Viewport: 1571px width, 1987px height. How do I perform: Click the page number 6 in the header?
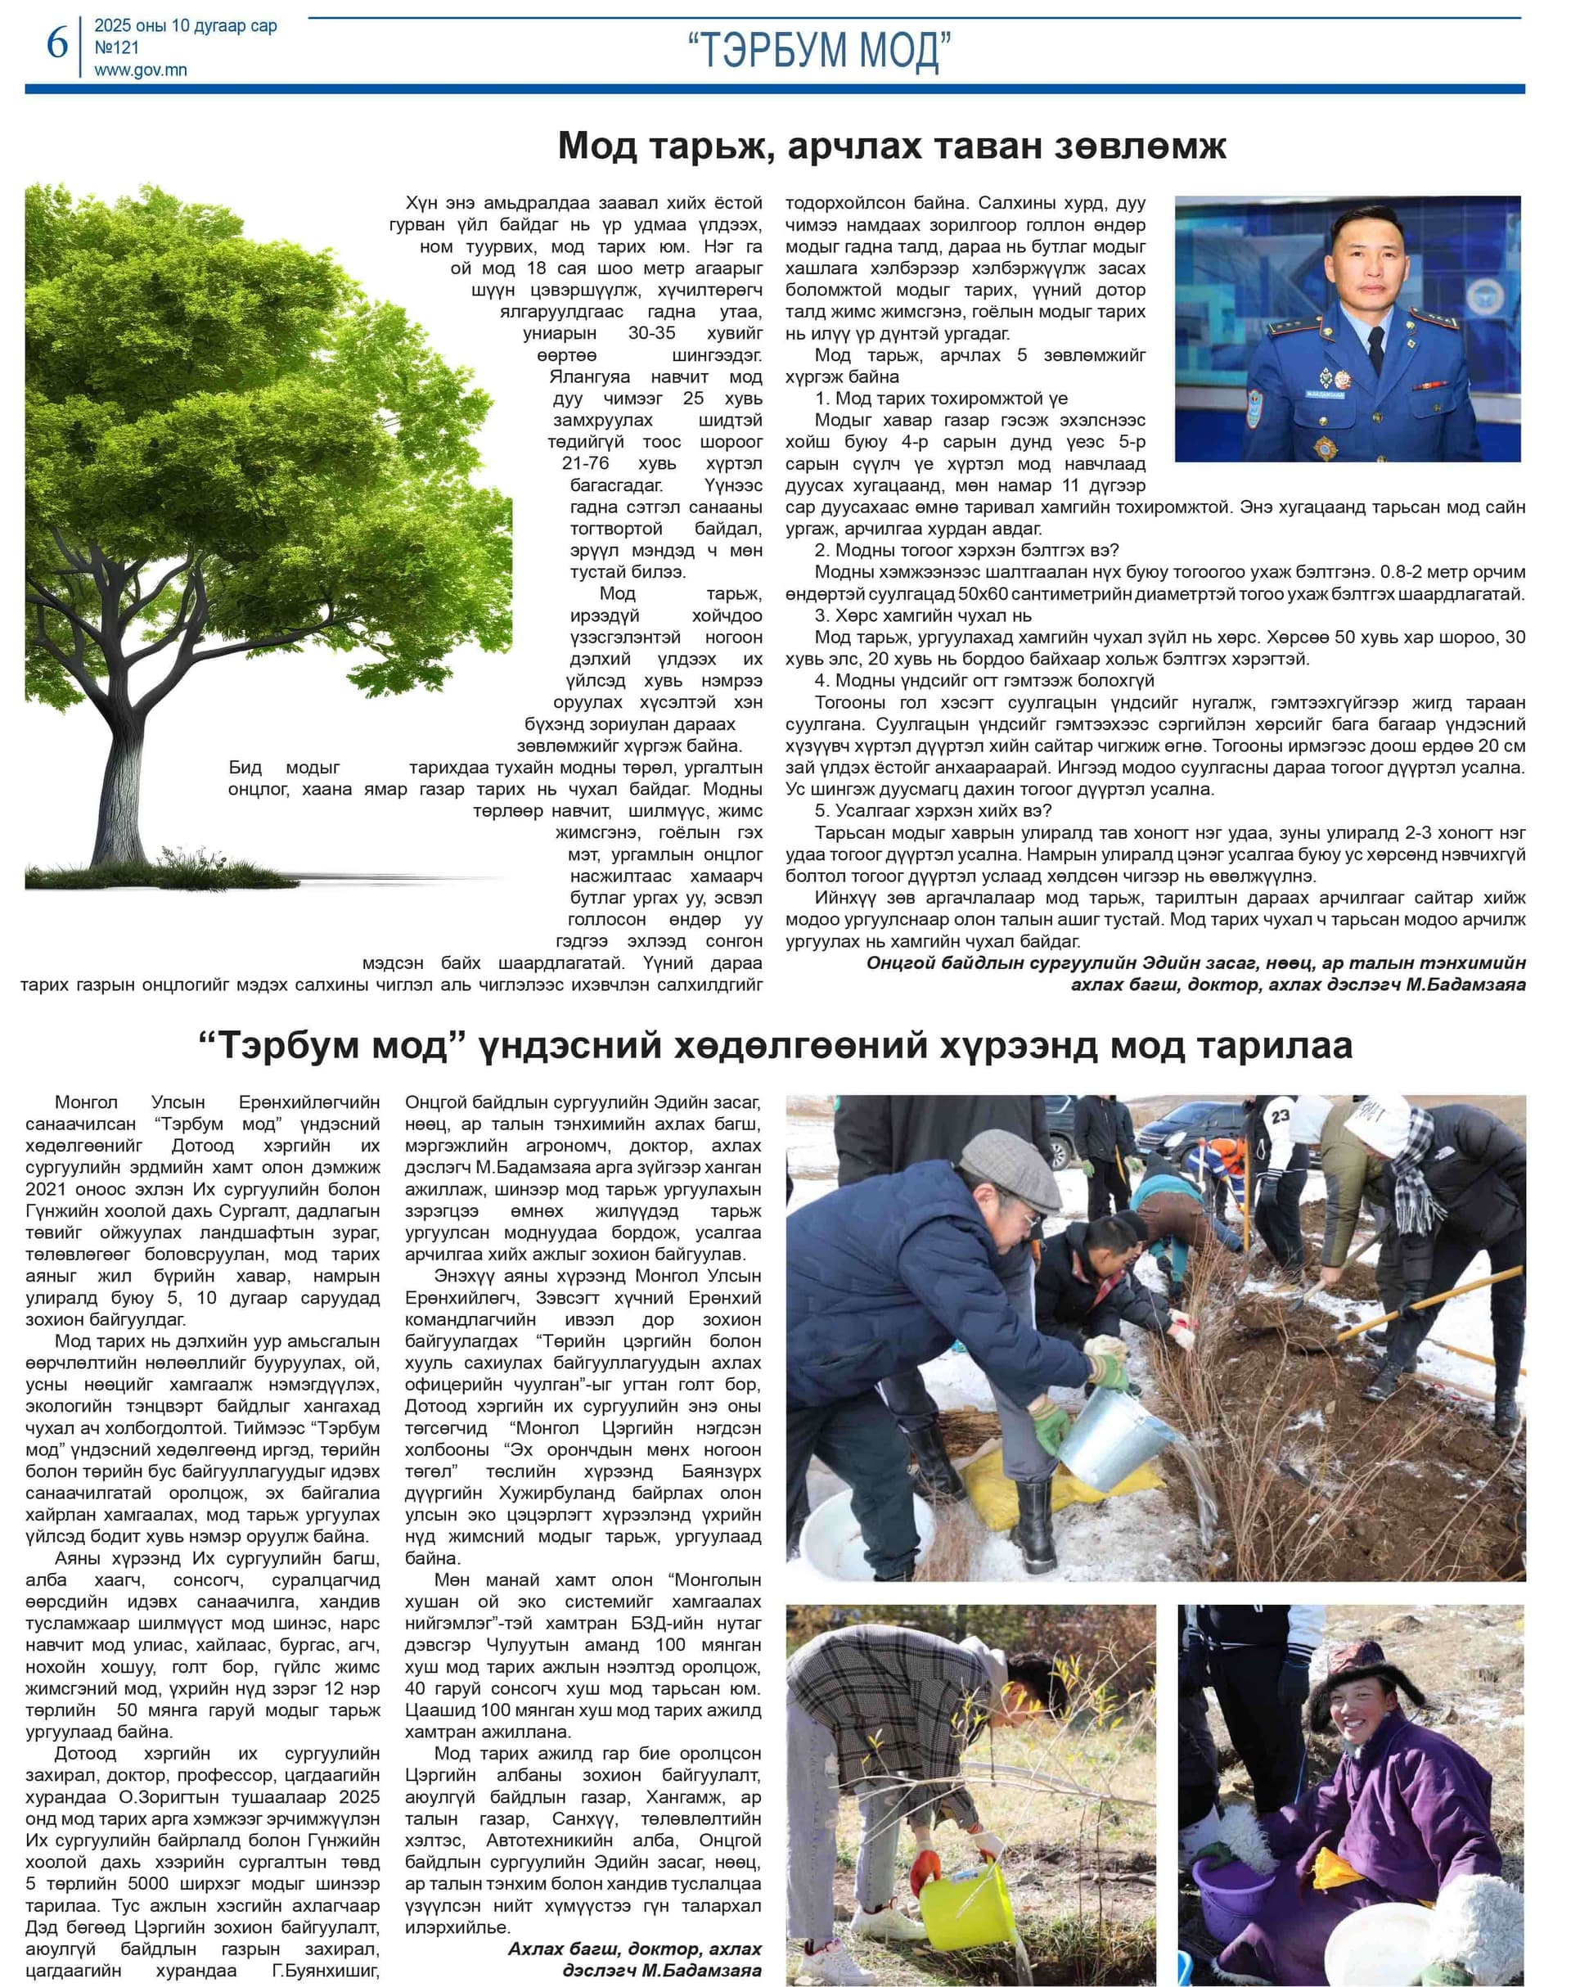(x=57, y=43)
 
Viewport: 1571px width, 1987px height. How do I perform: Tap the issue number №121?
(x=117, y=47)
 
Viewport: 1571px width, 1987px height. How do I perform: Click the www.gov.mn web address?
(x=141, y=70)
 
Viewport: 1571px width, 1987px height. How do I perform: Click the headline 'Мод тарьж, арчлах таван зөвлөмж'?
(x=891, y=146)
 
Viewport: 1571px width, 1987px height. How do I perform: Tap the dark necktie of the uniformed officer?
(x=1375, y=348)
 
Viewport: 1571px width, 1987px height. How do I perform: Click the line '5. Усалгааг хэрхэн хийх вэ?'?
(x=933, y=810)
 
